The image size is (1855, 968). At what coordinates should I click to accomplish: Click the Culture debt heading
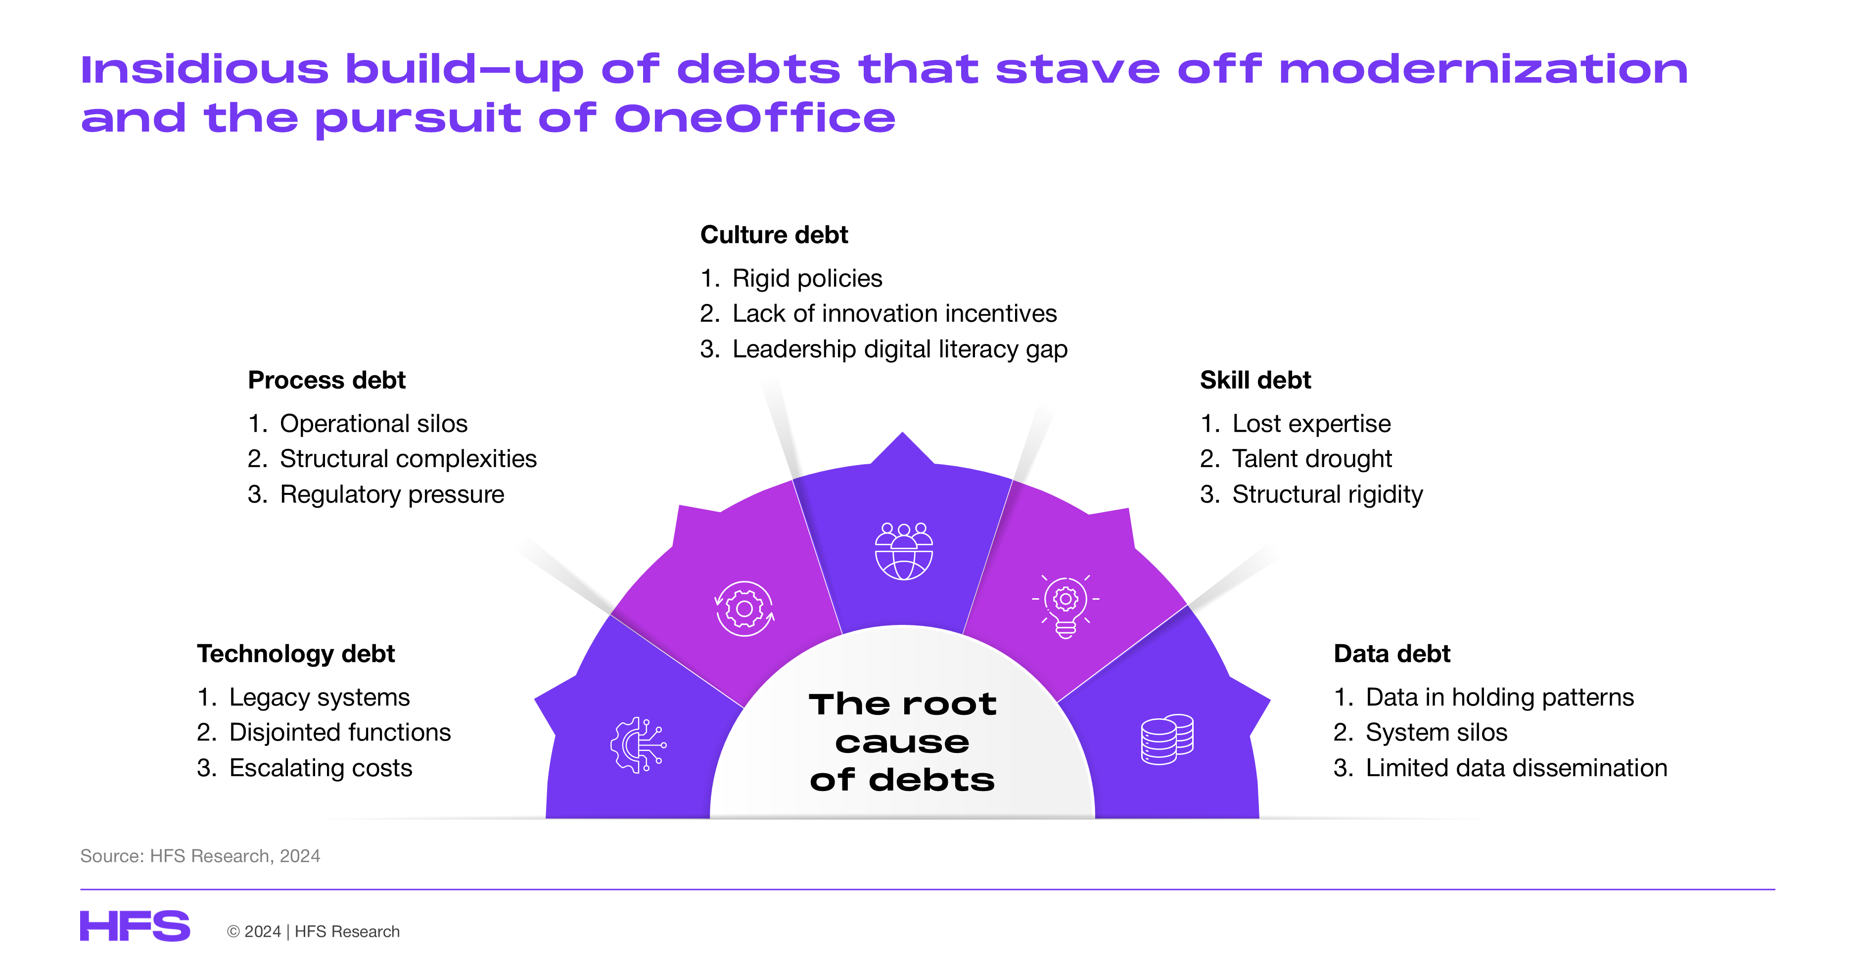(x=774, y=235)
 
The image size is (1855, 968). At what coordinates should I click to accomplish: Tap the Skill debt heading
(x=1255, y=380)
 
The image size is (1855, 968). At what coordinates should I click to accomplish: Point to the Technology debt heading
(x=296, y=654)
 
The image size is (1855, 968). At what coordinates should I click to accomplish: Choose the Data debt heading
(x=1392, y=654)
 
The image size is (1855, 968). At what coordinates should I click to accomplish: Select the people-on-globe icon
(x=904, y=551)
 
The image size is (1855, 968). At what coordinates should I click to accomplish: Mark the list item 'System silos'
(x=1437, y=733)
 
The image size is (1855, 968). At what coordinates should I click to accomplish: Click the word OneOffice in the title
(x=755, y=118)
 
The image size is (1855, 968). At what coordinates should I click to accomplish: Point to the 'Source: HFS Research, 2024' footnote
(x=200, y=856)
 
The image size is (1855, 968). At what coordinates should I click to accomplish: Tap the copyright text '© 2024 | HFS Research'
(x=313, y=931)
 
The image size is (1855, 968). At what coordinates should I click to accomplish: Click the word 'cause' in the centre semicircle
(x=902, y=743)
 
